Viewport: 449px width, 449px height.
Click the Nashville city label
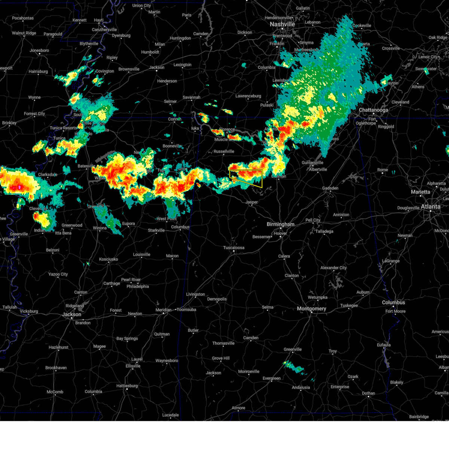[x=282, y=24]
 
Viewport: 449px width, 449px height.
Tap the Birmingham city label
[x=280, y=224]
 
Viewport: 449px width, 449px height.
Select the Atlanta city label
[x=430, y=207]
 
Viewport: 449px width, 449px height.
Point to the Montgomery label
[x=311, y=309]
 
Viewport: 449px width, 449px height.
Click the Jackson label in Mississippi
[x=71, y=314]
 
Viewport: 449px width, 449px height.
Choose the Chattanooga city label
[x=373, y=110]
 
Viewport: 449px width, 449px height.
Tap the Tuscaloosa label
[x=234, y=248]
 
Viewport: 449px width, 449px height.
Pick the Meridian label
[x=163, y=310]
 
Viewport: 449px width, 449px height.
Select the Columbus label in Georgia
[x=393, y=302]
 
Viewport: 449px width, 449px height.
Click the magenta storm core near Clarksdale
[x=19, y=187]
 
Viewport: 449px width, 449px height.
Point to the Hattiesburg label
[x=127, y=386]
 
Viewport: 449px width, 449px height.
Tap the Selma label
[x=268, y=307]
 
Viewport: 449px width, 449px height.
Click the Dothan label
[x=368, y=393]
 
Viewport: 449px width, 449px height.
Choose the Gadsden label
[x=330, y=188]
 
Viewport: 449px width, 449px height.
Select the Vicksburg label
[x=29, y=311]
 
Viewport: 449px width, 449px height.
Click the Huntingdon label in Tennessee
[x=180, y=38]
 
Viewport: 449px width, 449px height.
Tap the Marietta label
[x=421, y=192]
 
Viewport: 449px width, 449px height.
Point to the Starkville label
[x=156, y=230]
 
